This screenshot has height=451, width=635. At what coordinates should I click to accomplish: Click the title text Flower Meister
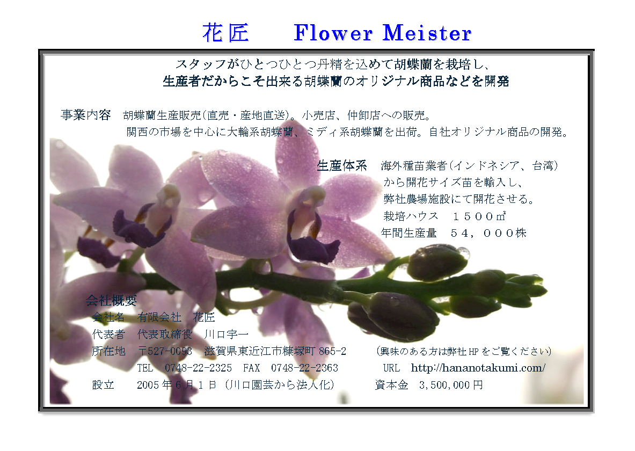pyautogui.click(x=382, y=33)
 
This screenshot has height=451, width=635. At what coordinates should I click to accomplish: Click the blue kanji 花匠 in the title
pyautogui.click(x=225, y=33)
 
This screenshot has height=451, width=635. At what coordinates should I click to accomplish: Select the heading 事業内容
pyautogui.click(x=86, y=115)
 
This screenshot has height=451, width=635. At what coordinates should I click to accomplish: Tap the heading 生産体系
pyautogui.click(x=342, y=166)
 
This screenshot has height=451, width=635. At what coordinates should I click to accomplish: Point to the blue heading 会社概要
pyautogui.click(x=111, y=300)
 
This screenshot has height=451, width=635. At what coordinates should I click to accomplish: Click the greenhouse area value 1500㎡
pyautogui.click(x=479, y=216)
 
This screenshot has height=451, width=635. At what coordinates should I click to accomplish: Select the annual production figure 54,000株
pyautogui.click(x=488, y=233)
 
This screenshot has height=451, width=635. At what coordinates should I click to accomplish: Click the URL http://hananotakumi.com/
pyautogui.click(x=478, y=368)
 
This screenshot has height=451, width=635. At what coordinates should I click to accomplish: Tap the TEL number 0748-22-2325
pyautogui.click(x=198, y=368)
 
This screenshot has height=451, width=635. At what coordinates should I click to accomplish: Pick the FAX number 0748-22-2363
pyautogui.click(x=304, y=368)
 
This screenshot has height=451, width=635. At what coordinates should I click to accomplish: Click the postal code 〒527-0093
pyautogui.click(x=165, y=351)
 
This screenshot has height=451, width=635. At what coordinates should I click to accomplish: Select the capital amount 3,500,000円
pyautogui.click(x=451, y=385)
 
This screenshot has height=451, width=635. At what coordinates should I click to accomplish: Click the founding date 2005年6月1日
pyautogui.click(x=177, y=385)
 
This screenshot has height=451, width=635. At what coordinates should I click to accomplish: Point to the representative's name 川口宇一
pyautogui.click(x=226, y=334)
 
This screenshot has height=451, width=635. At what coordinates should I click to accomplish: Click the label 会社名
pyautogui.click(x=108, y=317)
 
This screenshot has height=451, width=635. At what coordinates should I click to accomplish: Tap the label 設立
pyautogui.click(x=103, y=385)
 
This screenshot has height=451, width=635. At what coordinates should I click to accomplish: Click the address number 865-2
pyautogui.click(x=332, y=351)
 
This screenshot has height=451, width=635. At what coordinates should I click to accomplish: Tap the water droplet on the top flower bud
pyautogui.click(x=463, y=253)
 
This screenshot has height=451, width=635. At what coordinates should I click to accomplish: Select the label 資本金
pyautogui.click(x=392, y=385)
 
